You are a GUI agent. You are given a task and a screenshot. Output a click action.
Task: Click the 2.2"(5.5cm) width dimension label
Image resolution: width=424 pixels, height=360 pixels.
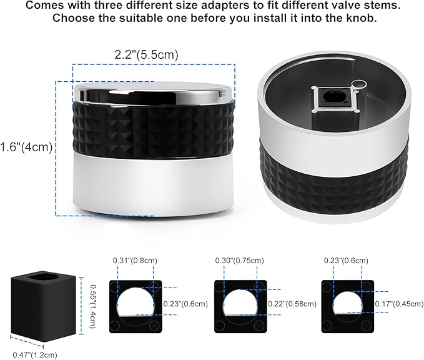pos(146,54)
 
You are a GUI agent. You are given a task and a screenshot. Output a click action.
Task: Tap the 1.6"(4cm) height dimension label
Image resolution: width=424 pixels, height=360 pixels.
pos(26,147)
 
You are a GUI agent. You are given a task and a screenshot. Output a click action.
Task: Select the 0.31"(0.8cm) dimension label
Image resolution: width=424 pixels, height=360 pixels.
pos(135,261)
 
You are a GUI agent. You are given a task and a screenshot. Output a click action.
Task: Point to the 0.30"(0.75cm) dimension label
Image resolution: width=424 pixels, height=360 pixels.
pos(239,261)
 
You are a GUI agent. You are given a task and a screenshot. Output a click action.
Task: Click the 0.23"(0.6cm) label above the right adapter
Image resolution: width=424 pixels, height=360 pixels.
pos(346,261)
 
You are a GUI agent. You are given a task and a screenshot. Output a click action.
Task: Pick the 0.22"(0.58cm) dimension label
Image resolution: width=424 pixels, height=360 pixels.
pos(292,304)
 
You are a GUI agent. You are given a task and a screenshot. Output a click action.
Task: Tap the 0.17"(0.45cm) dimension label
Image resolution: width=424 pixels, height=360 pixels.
pos(399,304)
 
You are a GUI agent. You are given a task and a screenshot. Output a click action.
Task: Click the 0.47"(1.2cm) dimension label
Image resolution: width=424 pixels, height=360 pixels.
pos(35,354)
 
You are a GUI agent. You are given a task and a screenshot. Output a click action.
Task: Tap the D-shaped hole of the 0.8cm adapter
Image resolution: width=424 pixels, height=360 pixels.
pos(136,302)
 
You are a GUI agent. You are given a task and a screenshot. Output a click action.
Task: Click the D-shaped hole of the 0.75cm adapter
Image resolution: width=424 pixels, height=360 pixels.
pos(240,302)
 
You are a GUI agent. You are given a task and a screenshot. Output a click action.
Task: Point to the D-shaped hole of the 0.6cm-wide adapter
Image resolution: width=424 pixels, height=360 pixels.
pos(347,302)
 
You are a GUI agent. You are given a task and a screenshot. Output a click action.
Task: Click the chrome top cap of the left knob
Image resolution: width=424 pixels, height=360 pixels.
pos(154,92)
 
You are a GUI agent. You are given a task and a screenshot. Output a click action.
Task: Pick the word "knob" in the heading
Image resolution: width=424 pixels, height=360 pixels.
pos(361,18)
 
